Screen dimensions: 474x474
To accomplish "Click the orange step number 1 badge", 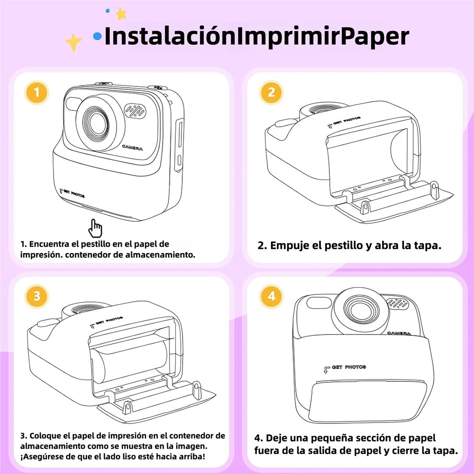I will point(36,93).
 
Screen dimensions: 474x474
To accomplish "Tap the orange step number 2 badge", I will point(271,93).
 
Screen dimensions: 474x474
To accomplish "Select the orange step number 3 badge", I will point(36,296).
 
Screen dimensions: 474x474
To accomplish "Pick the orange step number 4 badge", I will point(271,296).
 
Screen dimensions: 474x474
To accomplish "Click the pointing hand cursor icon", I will point(95,228).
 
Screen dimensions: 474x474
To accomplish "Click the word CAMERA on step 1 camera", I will point(132,148).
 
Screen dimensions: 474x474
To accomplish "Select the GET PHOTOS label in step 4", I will point(348,367).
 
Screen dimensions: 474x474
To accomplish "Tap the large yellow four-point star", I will point(73,43).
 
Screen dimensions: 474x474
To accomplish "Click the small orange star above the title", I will point(121,14).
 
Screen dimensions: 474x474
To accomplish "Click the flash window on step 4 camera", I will point(315,302).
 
